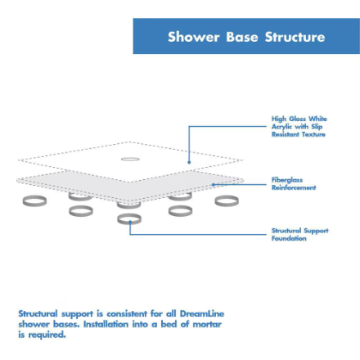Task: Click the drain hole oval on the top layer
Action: coord(129,158)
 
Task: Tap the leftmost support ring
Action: coord(34,200)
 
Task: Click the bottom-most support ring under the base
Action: coord(129,219)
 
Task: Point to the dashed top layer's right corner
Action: coord(242,160)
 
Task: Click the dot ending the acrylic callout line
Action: coord(189,162)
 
